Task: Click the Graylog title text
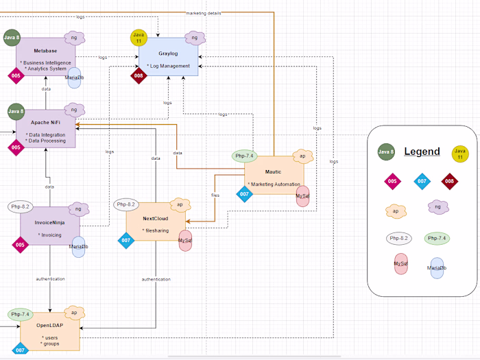[x=168, y=53]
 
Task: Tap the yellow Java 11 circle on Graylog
[x=139, y=38]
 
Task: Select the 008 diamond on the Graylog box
[x=139, y=76]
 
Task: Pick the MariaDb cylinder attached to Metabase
[x=74, y=77]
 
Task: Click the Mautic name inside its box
[x=273, y=173]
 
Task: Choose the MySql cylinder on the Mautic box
[x=302, y=197]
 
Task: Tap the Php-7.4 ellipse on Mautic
[x=245, y=156]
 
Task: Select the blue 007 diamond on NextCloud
[x=125, y=241]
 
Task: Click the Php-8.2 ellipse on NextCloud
[x=127, y=204]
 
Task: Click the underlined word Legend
[x=422, y=152]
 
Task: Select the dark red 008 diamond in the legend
[x=450, y=182]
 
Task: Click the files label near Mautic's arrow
[x=215, y=195]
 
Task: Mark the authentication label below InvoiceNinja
[x=51, y=279]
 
